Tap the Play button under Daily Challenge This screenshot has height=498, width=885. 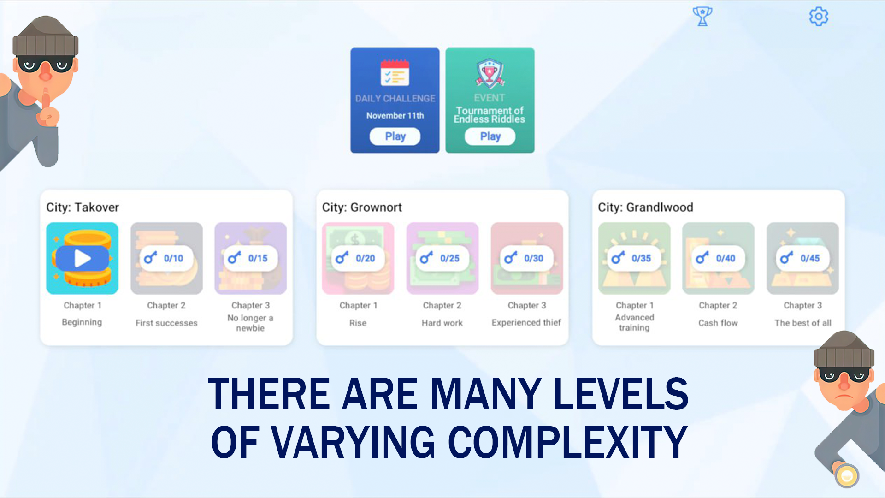pyautogui.click(x=395, y=136)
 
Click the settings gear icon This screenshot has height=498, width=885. pyautogui.click(x=819, y=17)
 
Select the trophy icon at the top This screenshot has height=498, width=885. pyautogui.click(x=702, y=17)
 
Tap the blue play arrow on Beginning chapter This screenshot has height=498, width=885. pyautogui.click(x=83, y=258)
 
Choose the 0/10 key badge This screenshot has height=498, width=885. pyautogui.click(x=166, y=258)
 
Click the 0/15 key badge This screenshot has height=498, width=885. pyautogui.click(x=251, y=258)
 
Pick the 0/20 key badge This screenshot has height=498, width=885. pyautogui.click(x=358, y=258)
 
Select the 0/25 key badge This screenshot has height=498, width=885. pyautogui.click(x=442, y=258)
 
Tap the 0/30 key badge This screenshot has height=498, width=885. pyautogui.click(x=527, y=258)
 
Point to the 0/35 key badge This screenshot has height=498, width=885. pyautogui.click(x=634, y=258)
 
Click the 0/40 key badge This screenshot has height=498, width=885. pyautogui.click(x=719, y=258)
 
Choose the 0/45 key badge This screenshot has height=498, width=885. pyautogui.click(x=803, y=258)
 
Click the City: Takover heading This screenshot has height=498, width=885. pyautogui.click(x=83, y=207)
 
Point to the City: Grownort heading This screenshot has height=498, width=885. pyautogui.click(x=362, y=207)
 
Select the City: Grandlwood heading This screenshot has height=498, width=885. pyautogui.click(x=645, y=207)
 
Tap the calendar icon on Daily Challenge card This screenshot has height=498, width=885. pyautogui.click(x=395, y=73)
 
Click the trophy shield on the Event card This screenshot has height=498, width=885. pyautogui.click(x=490, y=74)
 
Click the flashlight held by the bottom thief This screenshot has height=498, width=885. pyautogui.click(x=846, y=475)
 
